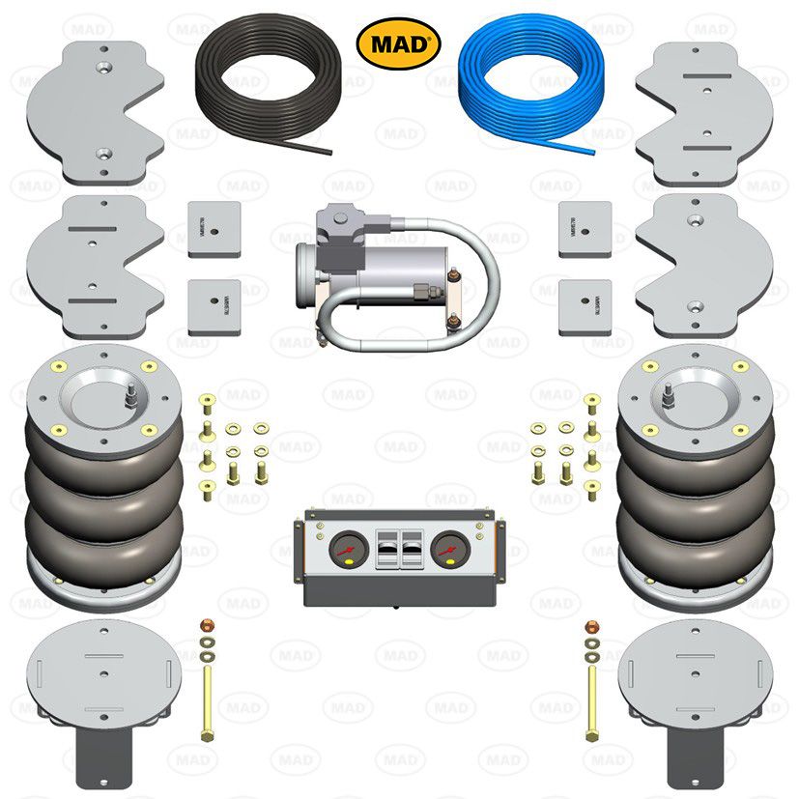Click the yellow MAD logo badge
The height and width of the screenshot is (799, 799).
[398, 43]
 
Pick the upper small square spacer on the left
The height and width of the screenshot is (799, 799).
[214, 229]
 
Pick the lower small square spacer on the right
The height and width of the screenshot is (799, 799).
[585, 308]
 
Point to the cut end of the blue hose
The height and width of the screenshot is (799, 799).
[588, 149]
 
